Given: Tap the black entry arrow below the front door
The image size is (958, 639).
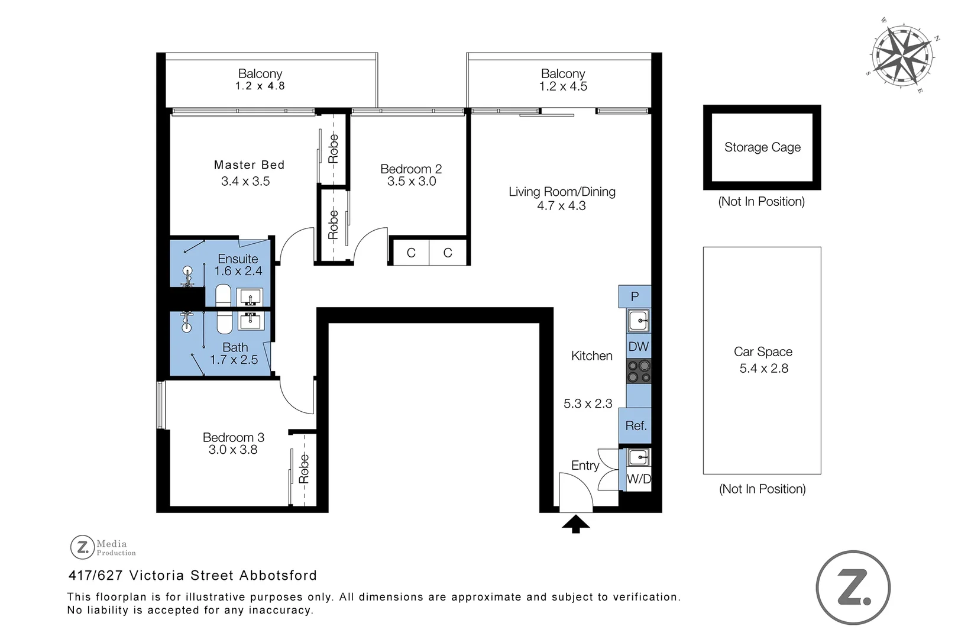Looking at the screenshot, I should click(x=576, y=524).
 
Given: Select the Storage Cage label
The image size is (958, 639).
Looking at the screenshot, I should click(x=762, y=147).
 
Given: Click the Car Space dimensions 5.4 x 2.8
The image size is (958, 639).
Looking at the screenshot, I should click(x=763, y=369).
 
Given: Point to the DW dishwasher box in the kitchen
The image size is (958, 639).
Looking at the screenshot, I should click(x=639, y=347).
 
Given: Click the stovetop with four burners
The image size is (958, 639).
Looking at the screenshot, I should click(x=639, y=372).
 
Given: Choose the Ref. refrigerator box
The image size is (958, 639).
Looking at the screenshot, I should click(x=636, y=426).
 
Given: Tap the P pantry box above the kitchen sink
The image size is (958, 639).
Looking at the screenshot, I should click(x=635, y=296).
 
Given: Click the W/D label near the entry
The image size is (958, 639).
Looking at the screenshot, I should click(x=639, y=479).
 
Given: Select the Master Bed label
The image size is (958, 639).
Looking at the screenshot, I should click(x=249, y=165).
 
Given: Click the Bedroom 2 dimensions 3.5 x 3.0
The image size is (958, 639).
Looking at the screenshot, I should click(x=412, y=182).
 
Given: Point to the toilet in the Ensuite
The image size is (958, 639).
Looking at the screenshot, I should click(x=223, y=295).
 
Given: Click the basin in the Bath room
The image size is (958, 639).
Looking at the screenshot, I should click(x=251, y=321).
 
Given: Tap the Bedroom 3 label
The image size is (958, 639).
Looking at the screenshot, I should click(x=233, y=438).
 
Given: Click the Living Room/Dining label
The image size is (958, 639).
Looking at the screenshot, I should click(x=562, y=192).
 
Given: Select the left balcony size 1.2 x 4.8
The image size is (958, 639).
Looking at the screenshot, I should click(x=260, y=86).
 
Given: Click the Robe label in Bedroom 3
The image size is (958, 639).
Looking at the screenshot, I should click(x=304, y=469).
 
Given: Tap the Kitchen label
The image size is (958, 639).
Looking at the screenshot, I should click(x=591, y=356).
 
